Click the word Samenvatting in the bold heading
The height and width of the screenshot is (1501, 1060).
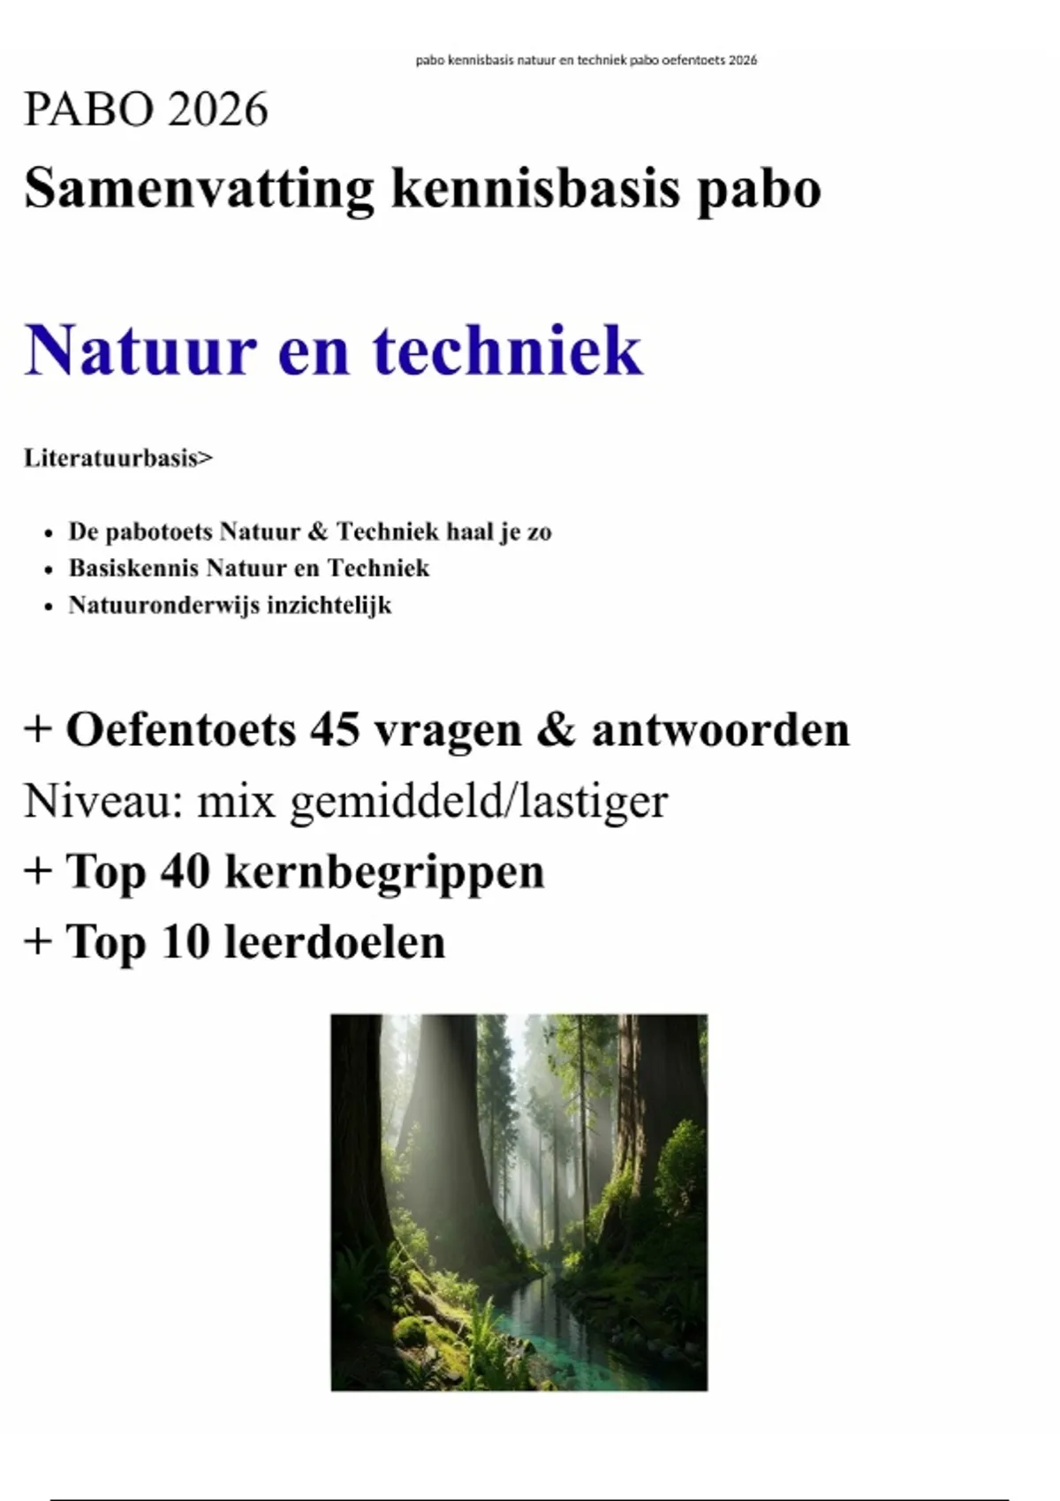(199, 188)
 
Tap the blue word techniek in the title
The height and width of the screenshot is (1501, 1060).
(507, 350)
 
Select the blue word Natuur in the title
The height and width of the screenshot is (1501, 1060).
(140, 350)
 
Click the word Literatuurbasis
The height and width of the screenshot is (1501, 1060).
(111, 458)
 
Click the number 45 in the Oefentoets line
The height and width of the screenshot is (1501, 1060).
(334, 729)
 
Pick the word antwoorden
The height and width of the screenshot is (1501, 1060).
(720, 729)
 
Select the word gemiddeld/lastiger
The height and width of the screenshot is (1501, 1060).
(478, 801)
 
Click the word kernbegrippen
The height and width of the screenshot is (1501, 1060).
(384, 871)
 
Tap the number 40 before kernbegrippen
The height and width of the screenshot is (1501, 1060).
(185, 871)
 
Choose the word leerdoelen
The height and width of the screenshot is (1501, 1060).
(335, 941)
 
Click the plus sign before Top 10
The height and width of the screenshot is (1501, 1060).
(38, 941)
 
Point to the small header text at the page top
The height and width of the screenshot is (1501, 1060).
(586, 60)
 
